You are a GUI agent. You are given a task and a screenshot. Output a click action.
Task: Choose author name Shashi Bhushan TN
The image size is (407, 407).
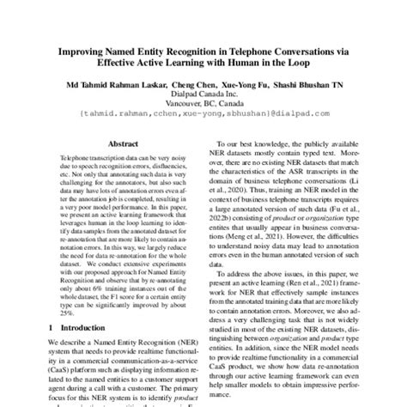336,85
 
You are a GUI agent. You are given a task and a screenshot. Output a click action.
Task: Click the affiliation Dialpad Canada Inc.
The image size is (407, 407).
203,96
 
